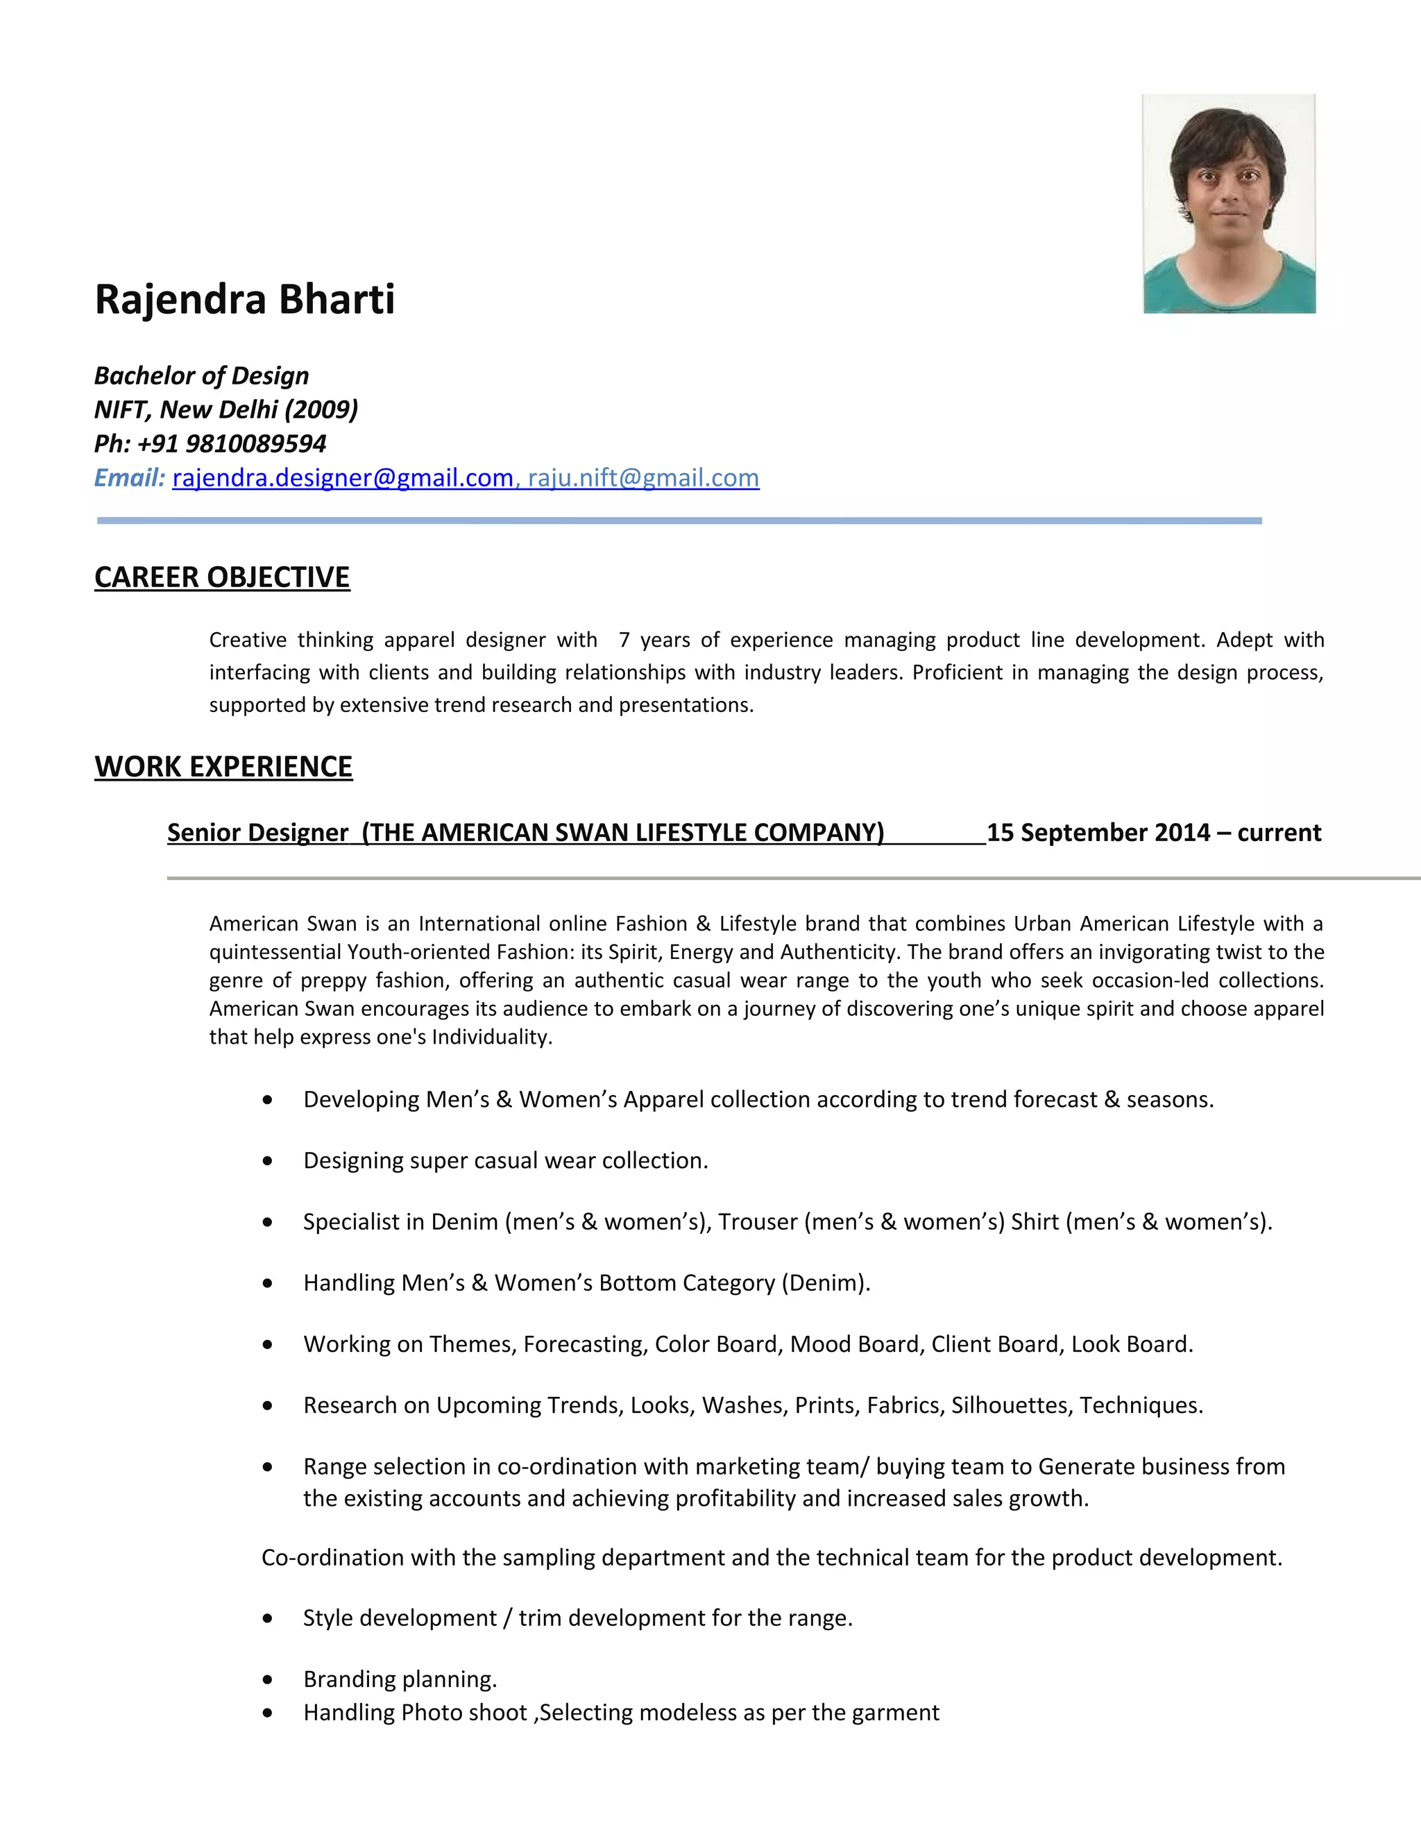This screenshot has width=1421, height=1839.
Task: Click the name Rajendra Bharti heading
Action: click(244, 300)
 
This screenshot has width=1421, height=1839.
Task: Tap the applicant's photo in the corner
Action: click(1228, 204)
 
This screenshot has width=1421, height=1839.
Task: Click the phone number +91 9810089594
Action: click(232, 443)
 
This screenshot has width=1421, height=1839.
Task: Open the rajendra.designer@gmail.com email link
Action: click(343, 478)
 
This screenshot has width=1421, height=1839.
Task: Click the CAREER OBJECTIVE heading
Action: click(222, 577)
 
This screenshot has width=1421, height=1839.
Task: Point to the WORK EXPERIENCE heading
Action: click(223, 767)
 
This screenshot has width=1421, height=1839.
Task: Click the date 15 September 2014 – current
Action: click(1153, 833)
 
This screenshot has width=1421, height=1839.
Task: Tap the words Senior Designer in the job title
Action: click(257, 833)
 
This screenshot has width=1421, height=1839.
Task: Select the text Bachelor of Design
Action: click(201, 375)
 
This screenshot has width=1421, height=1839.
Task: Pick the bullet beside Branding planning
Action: click(268, 1679)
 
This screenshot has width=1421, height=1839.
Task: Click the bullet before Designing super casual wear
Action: click(268, 1161)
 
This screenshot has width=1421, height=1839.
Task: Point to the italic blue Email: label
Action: click(130, 478)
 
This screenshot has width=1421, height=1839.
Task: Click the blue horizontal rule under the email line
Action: click(679, 521)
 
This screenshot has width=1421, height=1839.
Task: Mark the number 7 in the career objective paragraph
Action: click(624, 640)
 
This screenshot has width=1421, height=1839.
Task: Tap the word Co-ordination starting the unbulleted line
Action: click(332, 1558)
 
